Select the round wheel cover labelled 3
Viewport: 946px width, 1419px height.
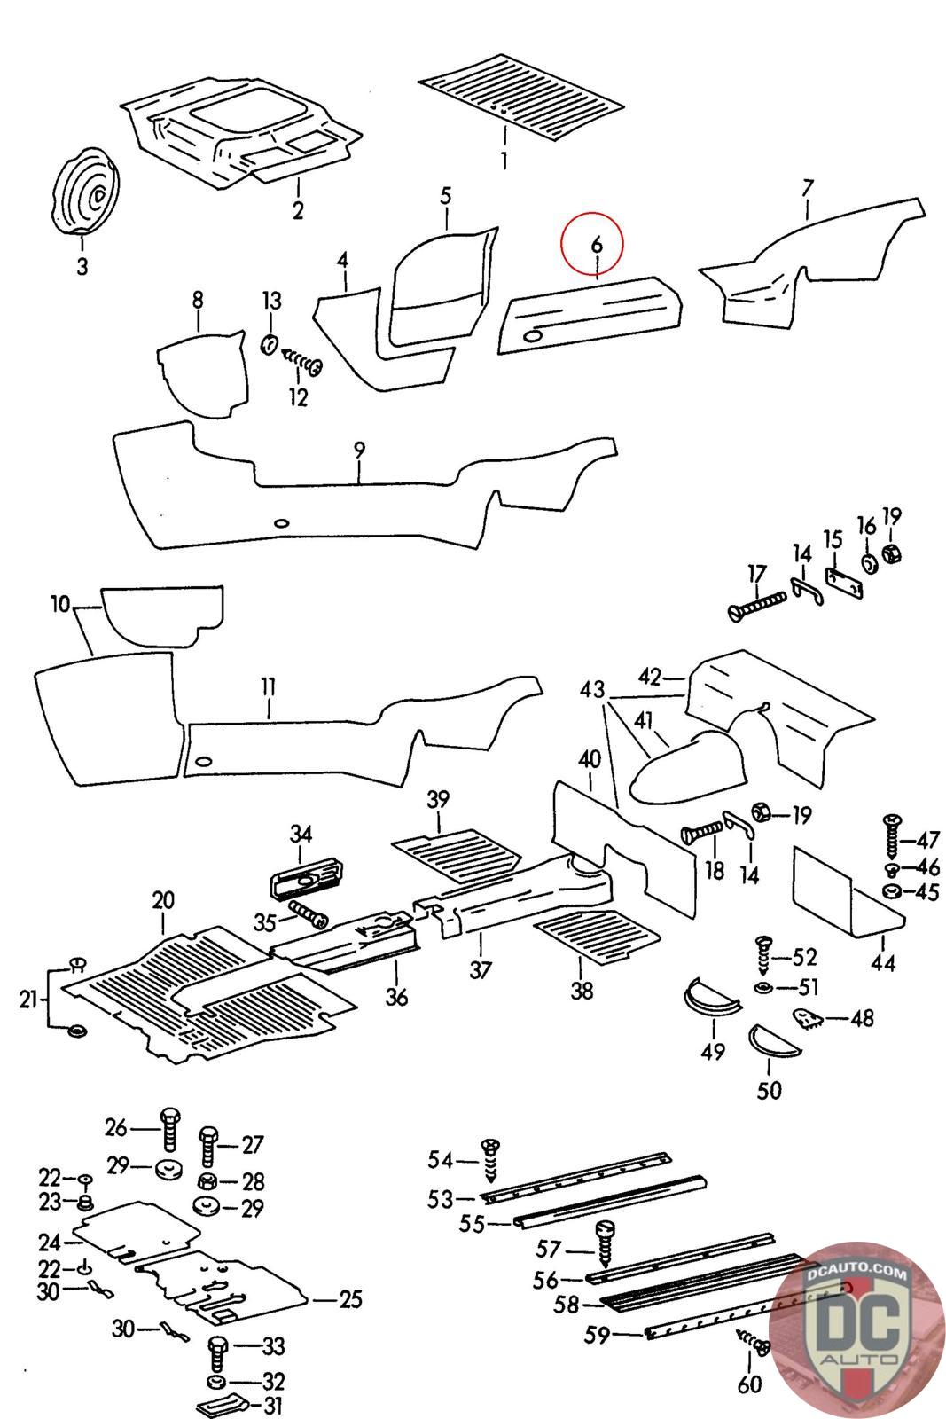85,192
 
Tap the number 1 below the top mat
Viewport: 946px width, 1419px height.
504,161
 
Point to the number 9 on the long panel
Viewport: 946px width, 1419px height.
359,451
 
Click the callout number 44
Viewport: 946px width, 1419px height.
883,962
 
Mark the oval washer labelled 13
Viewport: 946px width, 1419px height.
270,342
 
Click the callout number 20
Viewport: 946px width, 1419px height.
162,900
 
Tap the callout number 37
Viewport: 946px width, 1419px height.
480,969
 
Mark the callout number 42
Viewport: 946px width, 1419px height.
649,678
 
